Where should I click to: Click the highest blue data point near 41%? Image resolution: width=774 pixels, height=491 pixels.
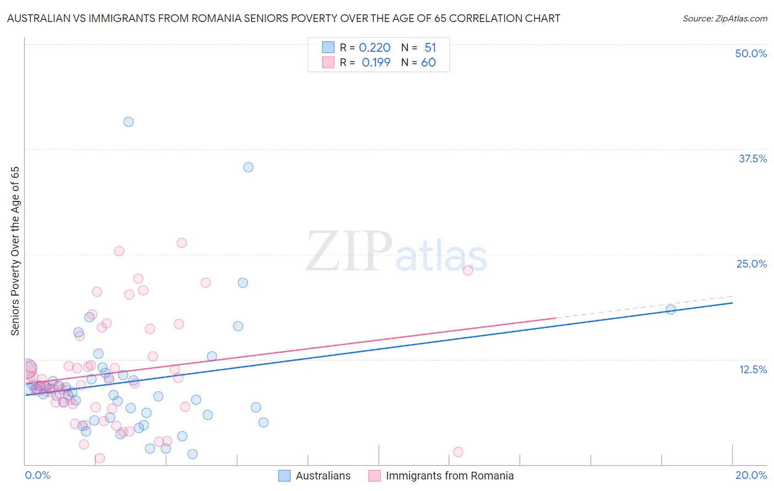(x=128, y=122)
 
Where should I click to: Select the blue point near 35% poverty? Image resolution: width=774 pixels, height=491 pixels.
(x=248, y=167)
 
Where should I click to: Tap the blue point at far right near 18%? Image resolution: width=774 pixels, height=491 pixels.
(x=671, y=309)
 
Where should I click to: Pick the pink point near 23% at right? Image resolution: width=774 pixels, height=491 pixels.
(x=468, y=270)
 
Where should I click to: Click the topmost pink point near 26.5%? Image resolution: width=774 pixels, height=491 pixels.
(x=181, y=243)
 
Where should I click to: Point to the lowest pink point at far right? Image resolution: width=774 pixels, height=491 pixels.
(x=458, y=452)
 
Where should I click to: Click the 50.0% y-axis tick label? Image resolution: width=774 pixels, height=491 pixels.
(x=751, y=53)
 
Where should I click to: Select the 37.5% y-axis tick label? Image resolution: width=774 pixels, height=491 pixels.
(x=753, y=159)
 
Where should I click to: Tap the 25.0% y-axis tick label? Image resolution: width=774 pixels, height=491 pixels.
(x=751, y=264)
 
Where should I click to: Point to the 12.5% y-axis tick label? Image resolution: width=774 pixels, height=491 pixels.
(x=753, y=369)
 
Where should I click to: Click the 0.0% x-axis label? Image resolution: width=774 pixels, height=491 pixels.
(x=38, y=475)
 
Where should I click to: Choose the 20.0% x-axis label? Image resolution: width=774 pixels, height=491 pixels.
(x=751, y=475)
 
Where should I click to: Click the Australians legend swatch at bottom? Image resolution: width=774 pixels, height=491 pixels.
(x=284, y=476)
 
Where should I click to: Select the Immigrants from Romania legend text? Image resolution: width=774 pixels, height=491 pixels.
(x=450, y=476)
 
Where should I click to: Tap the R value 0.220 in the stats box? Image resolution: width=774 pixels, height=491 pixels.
(x=374, y=48)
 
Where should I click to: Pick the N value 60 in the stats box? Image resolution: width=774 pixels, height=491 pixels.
(x=428, y=63)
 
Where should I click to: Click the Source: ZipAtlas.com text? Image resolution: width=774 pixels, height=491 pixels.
(x=724, y=19)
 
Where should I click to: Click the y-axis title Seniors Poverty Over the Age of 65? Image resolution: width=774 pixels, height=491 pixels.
(x=15, y=251)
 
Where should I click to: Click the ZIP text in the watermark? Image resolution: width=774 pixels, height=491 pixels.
(x=349, y=251)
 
